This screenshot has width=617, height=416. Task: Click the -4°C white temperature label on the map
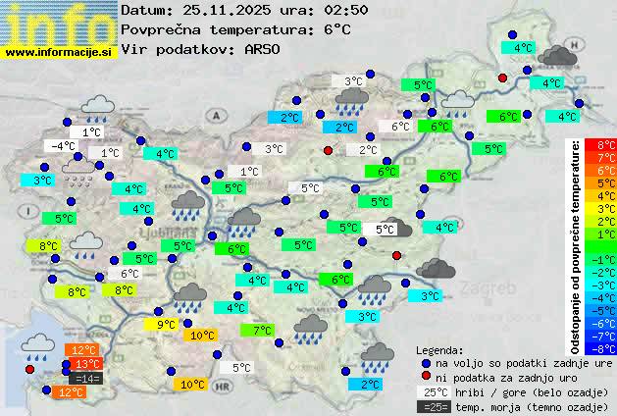[63, 146]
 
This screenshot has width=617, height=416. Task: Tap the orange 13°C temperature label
[86, 364]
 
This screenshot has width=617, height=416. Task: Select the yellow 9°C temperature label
[166, 324]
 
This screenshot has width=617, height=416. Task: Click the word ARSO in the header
[265, 49]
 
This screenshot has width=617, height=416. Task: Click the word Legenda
[439, 349]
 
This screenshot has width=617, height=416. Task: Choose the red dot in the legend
[426, 377]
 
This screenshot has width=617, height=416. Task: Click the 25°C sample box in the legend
[431, 391]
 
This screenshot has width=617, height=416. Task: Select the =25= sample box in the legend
[431, 406]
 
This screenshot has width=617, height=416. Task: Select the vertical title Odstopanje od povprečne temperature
[576, 245]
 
